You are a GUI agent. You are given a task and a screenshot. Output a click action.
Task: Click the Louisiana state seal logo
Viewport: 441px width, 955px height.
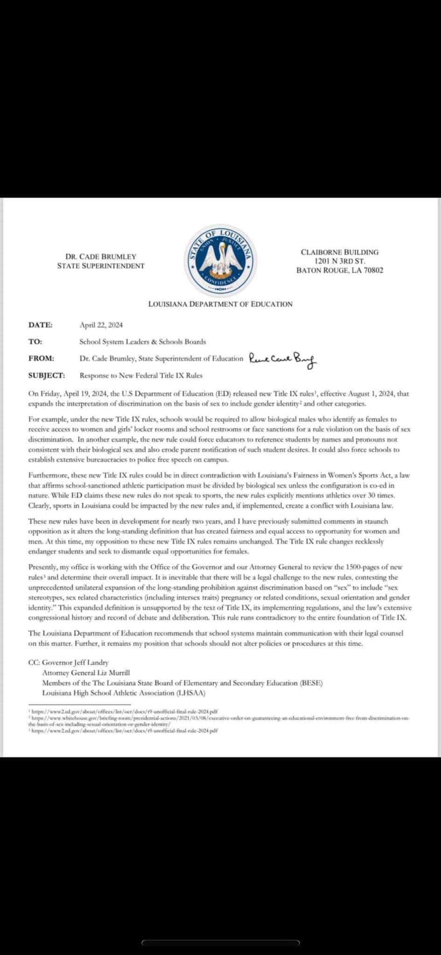coord(220,259)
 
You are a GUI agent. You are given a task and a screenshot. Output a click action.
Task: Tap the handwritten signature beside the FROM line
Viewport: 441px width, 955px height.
coord(282,359)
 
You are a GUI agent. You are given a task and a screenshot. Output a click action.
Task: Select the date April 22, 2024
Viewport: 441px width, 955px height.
coord(101,325)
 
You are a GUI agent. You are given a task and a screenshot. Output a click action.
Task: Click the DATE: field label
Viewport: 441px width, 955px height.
coord(41,325)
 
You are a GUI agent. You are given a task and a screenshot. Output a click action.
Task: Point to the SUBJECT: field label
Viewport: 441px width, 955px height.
coord(47,375)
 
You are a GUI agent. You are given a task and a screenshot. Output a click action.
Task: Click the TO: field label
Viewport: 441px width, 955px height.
coord(35,341)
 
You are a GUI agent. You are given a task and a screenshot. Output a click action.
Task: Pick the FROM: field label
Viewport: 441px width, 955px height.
coord(41,358)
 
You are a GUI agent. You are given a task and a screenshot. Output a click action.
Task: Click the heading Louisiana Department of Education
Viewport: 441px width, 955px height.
coord(220,304)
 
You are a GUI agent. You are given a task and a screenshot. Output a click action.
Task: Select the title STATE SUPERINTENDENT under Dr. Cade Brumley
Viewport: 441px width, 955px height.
coord(101,266)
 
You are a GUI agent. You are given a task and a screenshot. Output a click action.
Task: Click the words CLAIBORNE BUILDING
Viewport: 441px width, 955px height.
coord(340,252)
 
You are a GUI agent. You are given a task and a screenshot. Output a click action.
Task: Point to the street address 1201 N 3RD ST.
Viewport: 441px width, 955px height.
coord(340,261)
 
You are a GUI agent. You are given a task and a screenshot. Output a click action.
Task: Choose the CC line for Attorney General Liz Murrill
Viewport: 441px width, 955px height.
coord(86,672)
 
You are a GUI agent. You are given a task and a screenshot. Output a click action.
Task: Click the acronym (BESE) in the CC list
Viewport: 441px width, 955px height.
coord(311,683)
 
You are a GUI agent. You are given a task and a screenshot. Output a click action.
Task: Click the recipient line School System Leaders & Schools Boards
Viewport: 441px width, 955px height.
coord(142,341)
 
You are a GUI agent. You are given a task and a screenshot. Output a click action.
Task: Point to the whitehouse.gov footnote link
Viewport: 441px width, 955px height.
coord(219,719)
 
